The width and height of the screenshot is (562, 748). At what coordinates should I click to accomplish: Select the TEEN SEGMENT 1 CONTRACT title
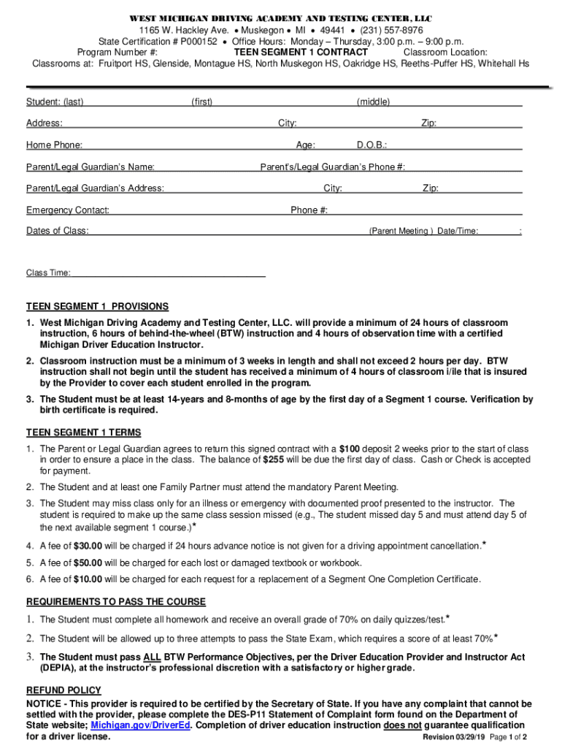click(x=301, y=52)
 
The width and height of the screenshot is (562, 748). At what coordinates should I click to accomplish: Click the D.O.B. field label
click(x=372, y=145)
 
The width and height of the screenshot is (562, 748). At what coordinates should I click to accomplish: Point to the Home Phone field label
click(x=54, y=145)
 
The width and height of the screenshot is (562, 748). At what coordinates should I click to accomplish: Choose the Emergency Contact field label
click(x=68, y=210)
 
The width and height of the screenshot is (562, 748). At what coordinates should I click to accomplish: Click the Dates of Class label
click(x=58, y=231)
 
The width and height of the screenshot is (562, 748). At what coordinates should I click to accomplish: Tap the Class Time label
click(x=48, y=273)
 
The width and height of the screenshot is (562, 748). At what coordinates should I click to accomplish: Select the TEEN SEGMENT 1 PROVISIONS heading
click(x=97, y=307)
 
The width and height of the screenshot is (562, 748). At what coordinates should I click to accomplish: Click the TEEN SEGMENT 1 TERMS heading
click(x=83, y=432)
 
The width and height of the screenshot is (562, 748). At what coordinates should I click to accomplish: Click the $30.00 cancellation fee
click(x=88, y=546)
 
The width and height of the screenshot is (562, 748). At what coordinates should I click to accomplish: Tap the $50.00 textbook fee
click(x=88, y=562)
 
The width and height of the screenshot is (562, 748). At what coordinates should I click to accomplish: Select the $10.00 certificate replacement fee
click(x=88, y=579)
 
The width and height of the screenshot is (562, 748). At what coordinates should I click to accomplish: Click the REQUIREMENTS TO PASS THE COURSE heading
click(x=116, y=602)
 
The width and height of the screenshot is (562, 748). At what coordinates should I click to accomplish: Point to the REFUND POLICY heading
click(x=63, y=690)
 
